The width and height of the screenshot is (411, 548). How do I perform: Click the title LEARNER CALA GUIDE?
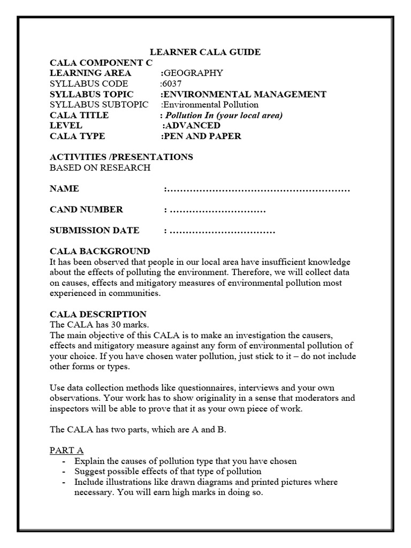pos(205,52)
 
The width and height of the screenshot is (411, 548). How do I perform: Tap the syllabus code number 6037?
pos(172,83)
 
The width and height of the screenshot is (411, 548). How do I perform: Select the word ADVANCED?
pos(193,125)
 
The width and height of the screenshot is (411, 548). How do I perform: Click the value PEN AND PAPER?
pos(202,136)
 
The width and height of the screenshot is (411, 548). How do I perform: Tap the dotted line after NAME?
pos(258,189)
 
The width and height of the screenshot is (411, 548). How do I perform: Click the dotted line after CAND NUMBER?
pos(217,210)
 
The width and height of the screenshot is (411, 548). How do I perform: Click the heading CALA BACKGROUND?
pos(100,252)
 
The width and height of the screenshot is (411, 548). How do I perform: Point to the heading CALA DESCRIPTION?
pos(98,314)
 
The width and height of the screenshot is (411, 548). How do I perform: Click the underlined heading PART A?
pos(66,451)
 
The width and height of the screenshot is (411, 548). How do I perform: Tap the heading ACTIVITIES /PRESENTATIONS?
pos(121,157)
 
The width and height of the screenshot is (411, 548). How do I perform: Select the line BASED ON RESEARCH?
pos(100,168)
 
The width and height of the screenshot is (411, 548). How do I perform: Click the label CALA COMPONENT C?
pos(101,63)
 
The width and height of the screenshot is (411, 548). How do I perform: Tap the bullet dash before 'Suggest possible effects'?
pos(64,471)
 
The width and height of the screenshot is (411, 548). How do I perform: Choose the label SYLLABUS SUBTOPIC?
pos(99,104)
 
